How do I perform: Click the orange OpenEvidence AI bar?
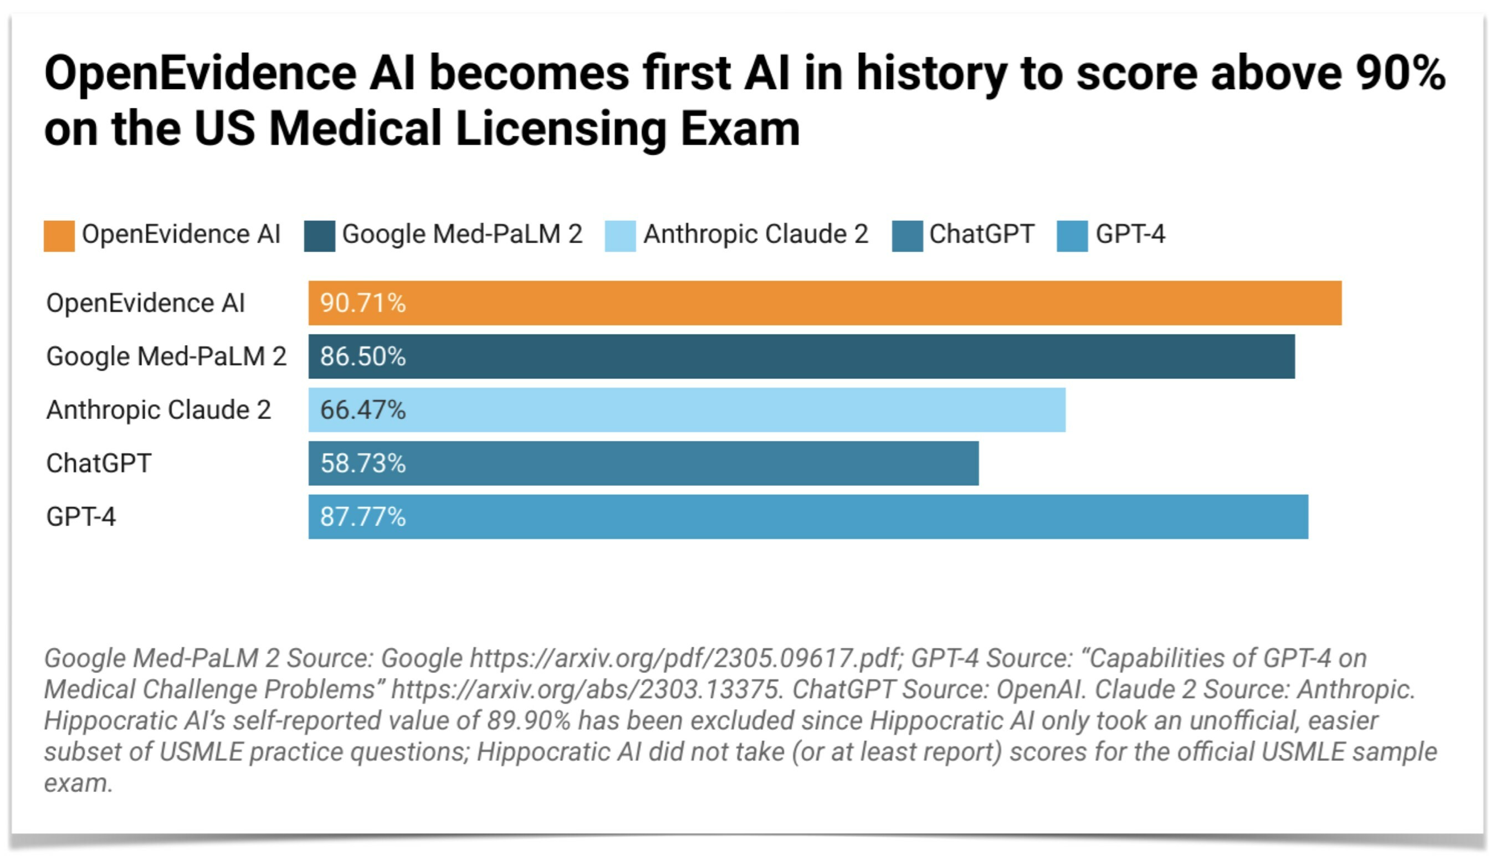pyautogui.click(x=824, y=303)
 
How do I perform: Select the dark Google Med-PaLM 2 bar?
pyautogui.click(x=801, y=357)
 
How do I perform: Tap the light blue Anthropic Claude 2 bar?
pyautogui.click(x=686, y=410)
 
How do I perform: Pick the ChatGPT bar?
pyautogui.click(x=643, y=464)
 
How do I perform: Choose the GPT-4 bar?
pyautogui.click(x=808, y=517)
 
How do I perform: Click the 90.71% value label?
pyautogui.click(x=362, y=303)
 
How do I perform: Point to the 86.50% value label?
pyautogui.click(x=362, y=357)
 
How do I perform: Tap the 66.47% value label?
pyautogui.click(x=362, y=410)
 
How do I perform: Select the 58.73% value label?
pyautogui.click(x=362, y=464)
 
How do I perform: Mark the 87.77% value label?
pyautogui.click(x=362, y=517)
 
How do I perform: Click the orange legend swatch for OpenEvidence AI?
pyautogui.click(x=59, y=236)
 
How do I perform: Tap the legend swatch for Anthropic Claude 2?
pyautogui.click(x=620, y=236)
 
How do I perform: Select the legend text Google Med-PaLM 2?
pyautogui.click(x=463, y=234)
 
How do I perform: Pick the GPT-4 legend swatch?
pyautogui.click(x=1072, y=236)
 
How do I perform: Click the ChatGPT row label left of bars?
pyautogui.click(x=99, y=464)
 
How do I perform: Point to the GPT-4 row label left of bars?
pyautogui.click(x=81, y=517)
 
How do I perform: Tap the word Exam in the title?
pyautogui.click(x=740, y=128)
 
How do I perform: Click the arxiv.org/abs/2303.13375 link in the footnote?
pyautogui.click(x=588, y=689)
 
